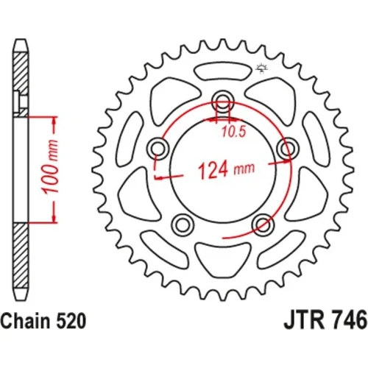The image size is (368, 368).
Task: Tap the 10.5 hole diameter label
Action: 234,132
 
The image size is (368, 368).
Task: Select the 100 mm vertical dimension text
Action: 50,166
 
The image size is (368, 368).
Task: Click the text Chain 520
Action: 43,321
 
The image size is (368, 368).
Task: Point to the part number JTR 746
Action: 325,319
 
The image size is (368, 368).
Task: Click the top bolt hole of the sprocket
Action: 223,101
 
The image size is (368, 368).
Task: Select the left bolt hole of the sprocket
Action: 159,149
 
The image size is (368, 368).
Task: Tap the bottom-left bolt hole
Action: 183,224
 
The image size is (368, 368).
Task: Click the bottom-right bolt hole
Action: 263,224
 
